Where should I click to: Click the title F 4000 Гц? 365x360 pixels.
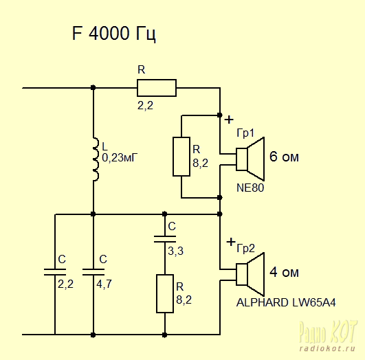click(113, 34)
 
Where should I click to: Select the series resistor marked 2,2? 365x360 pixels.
click(157, 88)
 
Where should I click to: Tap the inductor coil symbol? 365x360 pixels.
click(96, 159)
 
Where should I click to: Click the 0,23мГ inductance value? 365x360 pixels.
click(120, 158)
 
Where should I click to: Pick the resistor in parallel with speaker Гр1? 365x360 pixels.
click(181, 157)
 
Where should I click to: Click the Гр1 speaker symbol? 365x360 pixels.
click(250, 159)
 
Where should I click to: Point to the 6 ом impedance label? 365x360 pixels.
click(284, 157)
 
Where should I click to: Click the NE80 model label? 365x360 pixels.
click(250, 188)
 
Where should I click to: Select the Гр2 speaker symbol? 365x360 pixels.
click(250, 275)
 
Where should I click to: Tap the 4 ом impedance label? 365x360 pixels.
click(284, 272)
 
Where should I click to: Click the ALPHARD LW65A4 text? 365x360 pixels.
click(286, 303)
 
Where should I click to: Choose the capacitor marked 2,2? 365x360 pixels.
click(55, 272)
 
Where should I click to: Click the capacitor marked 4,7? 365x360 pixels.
click(93, 272)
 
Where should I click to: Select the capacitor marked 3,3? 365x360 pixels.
click(165, 239)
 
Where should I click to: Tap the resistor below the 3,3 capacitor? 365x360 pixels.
click(165, 293)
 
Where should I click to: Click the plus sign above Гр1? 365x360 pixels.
click(229, 120)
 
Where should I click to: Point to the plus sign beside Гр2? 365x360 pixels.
click(231, 242)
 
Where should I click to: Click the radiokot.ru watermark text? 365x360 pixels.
click(327, 348)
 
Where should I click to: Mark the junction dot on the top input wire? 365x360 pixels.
click(93, 88)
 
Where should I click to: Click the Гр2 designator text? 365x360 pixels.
click(246, 249)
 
